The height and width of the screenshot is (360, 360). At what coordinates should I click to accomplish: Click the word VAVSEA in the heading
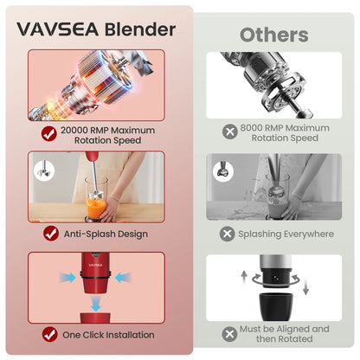click(x=58, y=29)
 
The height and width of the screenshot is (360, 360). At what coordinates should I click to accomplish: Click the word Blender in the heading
click(x=140, y=29)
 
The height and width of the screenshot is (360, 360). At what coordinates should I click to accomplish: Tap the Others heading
click(x=274, y=35)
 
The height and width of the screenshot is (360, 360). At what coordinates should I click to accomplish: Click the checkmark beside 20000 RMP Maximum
click(x=49, y=133)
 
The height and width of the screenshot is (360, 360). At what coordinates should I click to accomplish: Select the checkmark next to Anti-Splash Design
click(x=51, y=234)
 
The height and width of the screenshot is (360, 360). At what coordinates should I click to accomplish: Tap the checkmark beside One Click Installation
click(x=49, y=334)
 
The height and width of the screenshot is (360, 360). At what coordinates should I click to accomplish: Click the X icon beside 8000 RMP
click(x=230, y=132)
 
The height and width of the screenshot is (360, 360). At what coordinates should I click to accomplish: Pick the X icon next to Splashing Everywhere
click(x=228, y=234)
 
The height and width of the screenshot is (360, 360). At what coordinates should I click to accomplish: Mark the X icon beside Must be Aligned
click(x=229, y=334)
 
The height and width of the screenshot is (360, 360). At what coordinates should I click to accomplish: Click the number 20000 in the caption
click(x=74, y=130)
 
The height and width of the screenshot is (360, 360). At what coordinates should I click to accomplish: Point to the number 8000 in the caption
click(x=251, y=128)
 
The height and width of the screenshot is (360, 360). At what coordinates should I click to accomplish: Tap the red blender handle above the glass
click(x=92, y=157)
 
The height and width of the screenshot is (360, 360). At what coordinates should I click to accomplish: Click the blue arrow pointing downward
click(x=95, y=305)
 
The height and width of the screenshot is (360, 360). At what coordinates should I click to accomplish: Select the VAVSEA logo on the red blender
click(x=95, y=265)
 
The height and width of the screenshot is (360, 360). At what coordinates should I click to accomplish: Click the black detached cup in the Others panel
click(x=276, y=307)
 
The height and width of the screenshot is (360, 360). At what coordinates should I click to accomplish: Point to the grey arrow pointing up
click(x=244, y=276)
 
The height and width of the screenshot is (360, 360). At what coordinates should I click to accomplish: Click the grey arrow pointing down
click(x=305, y=287)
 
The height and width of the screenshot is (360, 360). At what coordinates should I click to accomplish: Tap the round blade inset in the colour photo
click(x=44, y=170)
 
